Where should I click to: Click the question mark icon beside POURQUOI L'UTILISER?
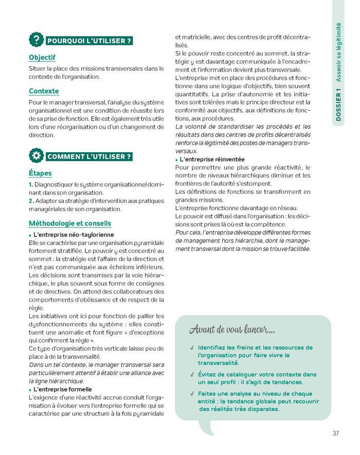[36, 40]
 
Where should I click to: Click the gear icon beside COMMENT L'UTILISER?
[36, 156]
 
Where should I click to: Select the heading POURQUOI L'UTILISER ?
[89, 41]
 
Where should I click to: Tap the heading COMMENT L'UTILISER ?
[89, 156]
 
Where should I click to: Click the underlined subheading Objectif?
[42, 58]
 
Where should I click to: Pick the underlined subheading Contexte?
[44, 92]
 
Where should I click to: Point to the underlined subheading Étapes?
[40, 173]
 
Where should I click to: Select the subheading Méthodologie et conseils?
[70, 223]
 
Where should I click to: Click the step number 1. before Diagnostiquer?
[31, 184]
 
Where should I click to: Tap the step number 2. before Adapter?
[31, 201]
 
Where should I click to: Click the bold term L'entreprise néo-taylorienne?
[73, 234]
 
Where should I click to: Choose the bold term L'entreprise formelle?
[62, 390]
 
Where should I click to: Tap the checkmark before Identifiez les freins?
[191, 348]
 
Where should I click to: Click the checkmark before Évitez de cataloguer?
[191, 375]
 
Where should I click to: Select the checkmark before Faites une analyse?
[191, 394]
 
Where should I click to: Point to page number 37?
[336, 433]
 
